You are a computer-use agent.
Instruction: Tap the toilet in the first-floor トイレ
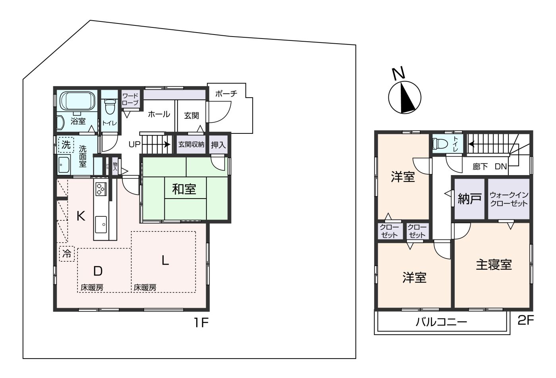[x=109, y=106]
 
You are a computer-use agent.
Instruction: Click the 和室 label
[x=184, y=189]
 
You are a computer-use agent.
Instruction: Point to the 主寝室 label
[x=494, y=264]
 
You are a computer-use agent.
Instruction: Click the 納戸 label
[x=470, y=199]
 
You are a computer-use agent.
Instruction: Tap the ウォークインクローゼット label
[x=509, y=199]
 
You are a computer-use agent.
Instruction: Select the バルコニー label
[x=441, y=322]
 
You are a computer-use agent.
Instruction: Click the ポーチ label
[x=226, y=94]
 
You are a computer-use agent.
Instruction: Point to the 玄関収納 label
[x=191, y=145]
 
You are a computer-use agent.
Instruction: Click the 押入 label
[x=218, y=145]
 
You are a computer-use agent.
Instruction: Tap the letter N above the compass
[x=398, y=73]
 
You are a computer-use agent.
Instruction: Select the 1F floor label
[x=201, y=322]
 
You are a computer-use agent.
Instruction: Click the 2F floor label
[x=526, y=320]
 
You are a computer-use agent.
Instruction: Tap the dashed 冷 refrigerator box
[x=67, y=253]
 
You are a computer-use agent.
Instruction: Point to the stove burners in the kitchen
[x=100, y=188]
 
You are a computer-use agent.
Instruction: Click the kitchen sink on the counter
[x=101, y=224]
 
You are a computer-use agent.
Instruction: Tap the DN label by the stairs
[x=501, y=167]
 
